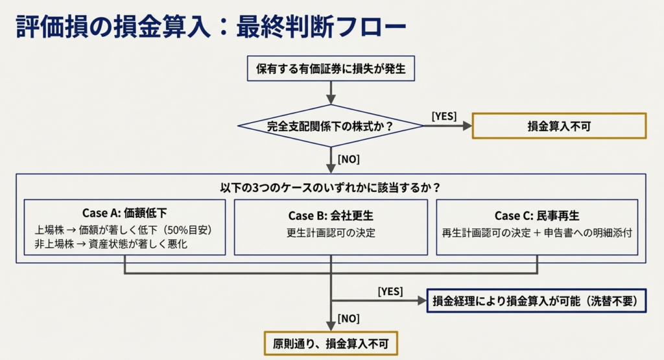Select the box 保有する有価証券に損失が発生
[x=331, y=69]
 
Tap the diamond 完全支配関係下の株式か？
[x=331, y=126]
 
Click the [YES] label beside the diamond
[x=444, y=116]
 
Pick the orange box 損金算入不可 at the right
[x=559, y=126]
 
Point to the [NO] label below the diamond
[x=348, y=158]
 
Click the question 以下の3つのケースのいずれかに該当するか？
[x=331, y=187]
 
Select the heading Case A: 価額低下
[x=125, y=213]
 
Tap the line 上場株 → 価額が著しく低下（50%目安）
[x=124, y=230]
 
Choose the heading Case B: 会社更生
[x=331, y=215]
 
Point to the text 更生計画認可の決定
[x=331, y=232]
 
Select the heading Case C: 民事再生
[x=537, y=215]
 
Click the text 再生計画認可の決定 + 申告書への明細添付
[x=537, y=232]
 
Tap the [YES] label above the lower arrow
[x=390, y=291]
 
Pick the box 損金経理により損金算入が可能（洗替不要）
[x=536, y=301]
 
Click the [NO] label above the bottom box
[x=348, y=318]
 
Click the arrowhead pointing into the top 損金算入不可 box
[x=468, y=126]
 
